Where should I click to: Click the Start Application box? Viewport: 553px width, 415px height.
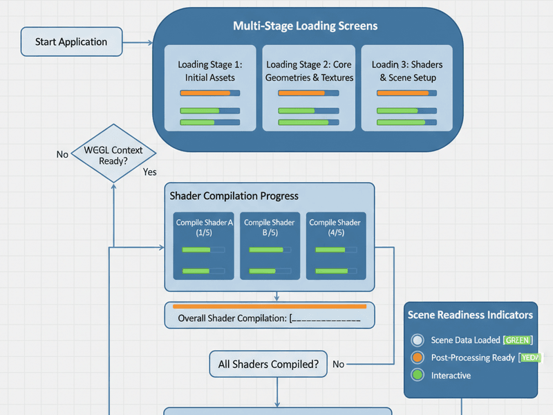coord(72,41)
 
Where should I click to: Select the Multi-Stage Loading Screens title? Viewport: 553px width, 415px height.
coord(305,26)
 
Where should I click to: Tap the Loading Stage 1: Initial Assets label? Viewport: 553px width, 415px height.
coord(210,71)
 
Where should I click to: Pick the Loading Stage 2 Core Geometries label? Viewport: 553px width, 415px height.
coord(309,71)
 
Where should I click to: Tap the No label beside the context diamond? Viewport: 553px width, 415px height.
coord(62,155)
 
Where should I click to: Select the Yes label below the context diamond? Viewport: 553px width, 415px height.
coord(150,172)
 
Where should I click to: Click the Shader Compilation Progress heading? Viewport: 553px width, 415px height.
coord(234,196)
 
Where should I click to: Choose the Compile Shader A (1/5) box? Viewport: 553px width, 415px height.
coord(205,246)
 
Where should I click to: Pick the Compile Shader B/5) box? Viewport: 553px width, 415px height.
coord(270,246)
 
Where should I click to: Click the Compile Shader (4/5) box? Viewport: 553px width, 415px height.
coord(335,246)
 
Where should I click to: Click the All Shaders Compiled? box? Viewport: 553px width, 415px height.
coord(268,364)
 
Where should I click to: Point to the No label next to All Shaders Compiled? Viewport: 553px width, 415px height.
coord(338,364)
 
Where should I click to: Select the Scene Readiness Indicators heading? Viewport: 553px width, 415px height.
coord(470,315)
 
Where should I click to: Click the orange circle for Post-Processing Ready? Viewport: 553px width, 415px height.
coord(417,358)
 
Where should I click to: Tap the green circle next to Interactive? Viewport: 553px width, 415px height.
coord(417,375)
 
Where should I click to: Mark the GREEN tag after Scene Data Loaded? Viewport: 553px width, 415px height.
coord(518,340)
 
